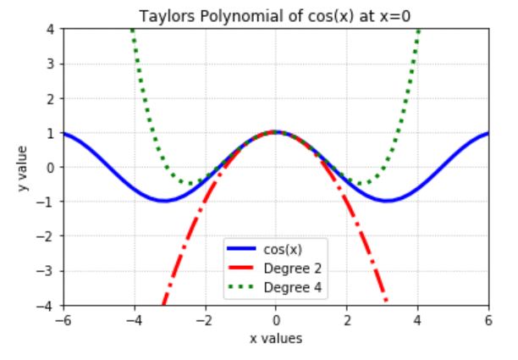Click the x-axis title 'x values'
point(275,339)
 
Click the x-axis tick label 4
point(417,321)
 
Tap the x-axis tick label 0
point(276,321)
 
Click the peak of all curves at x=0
point(276,132)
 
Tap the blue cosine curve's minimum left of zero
point(164,201)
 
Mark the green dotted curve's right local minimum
point(362,184)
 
